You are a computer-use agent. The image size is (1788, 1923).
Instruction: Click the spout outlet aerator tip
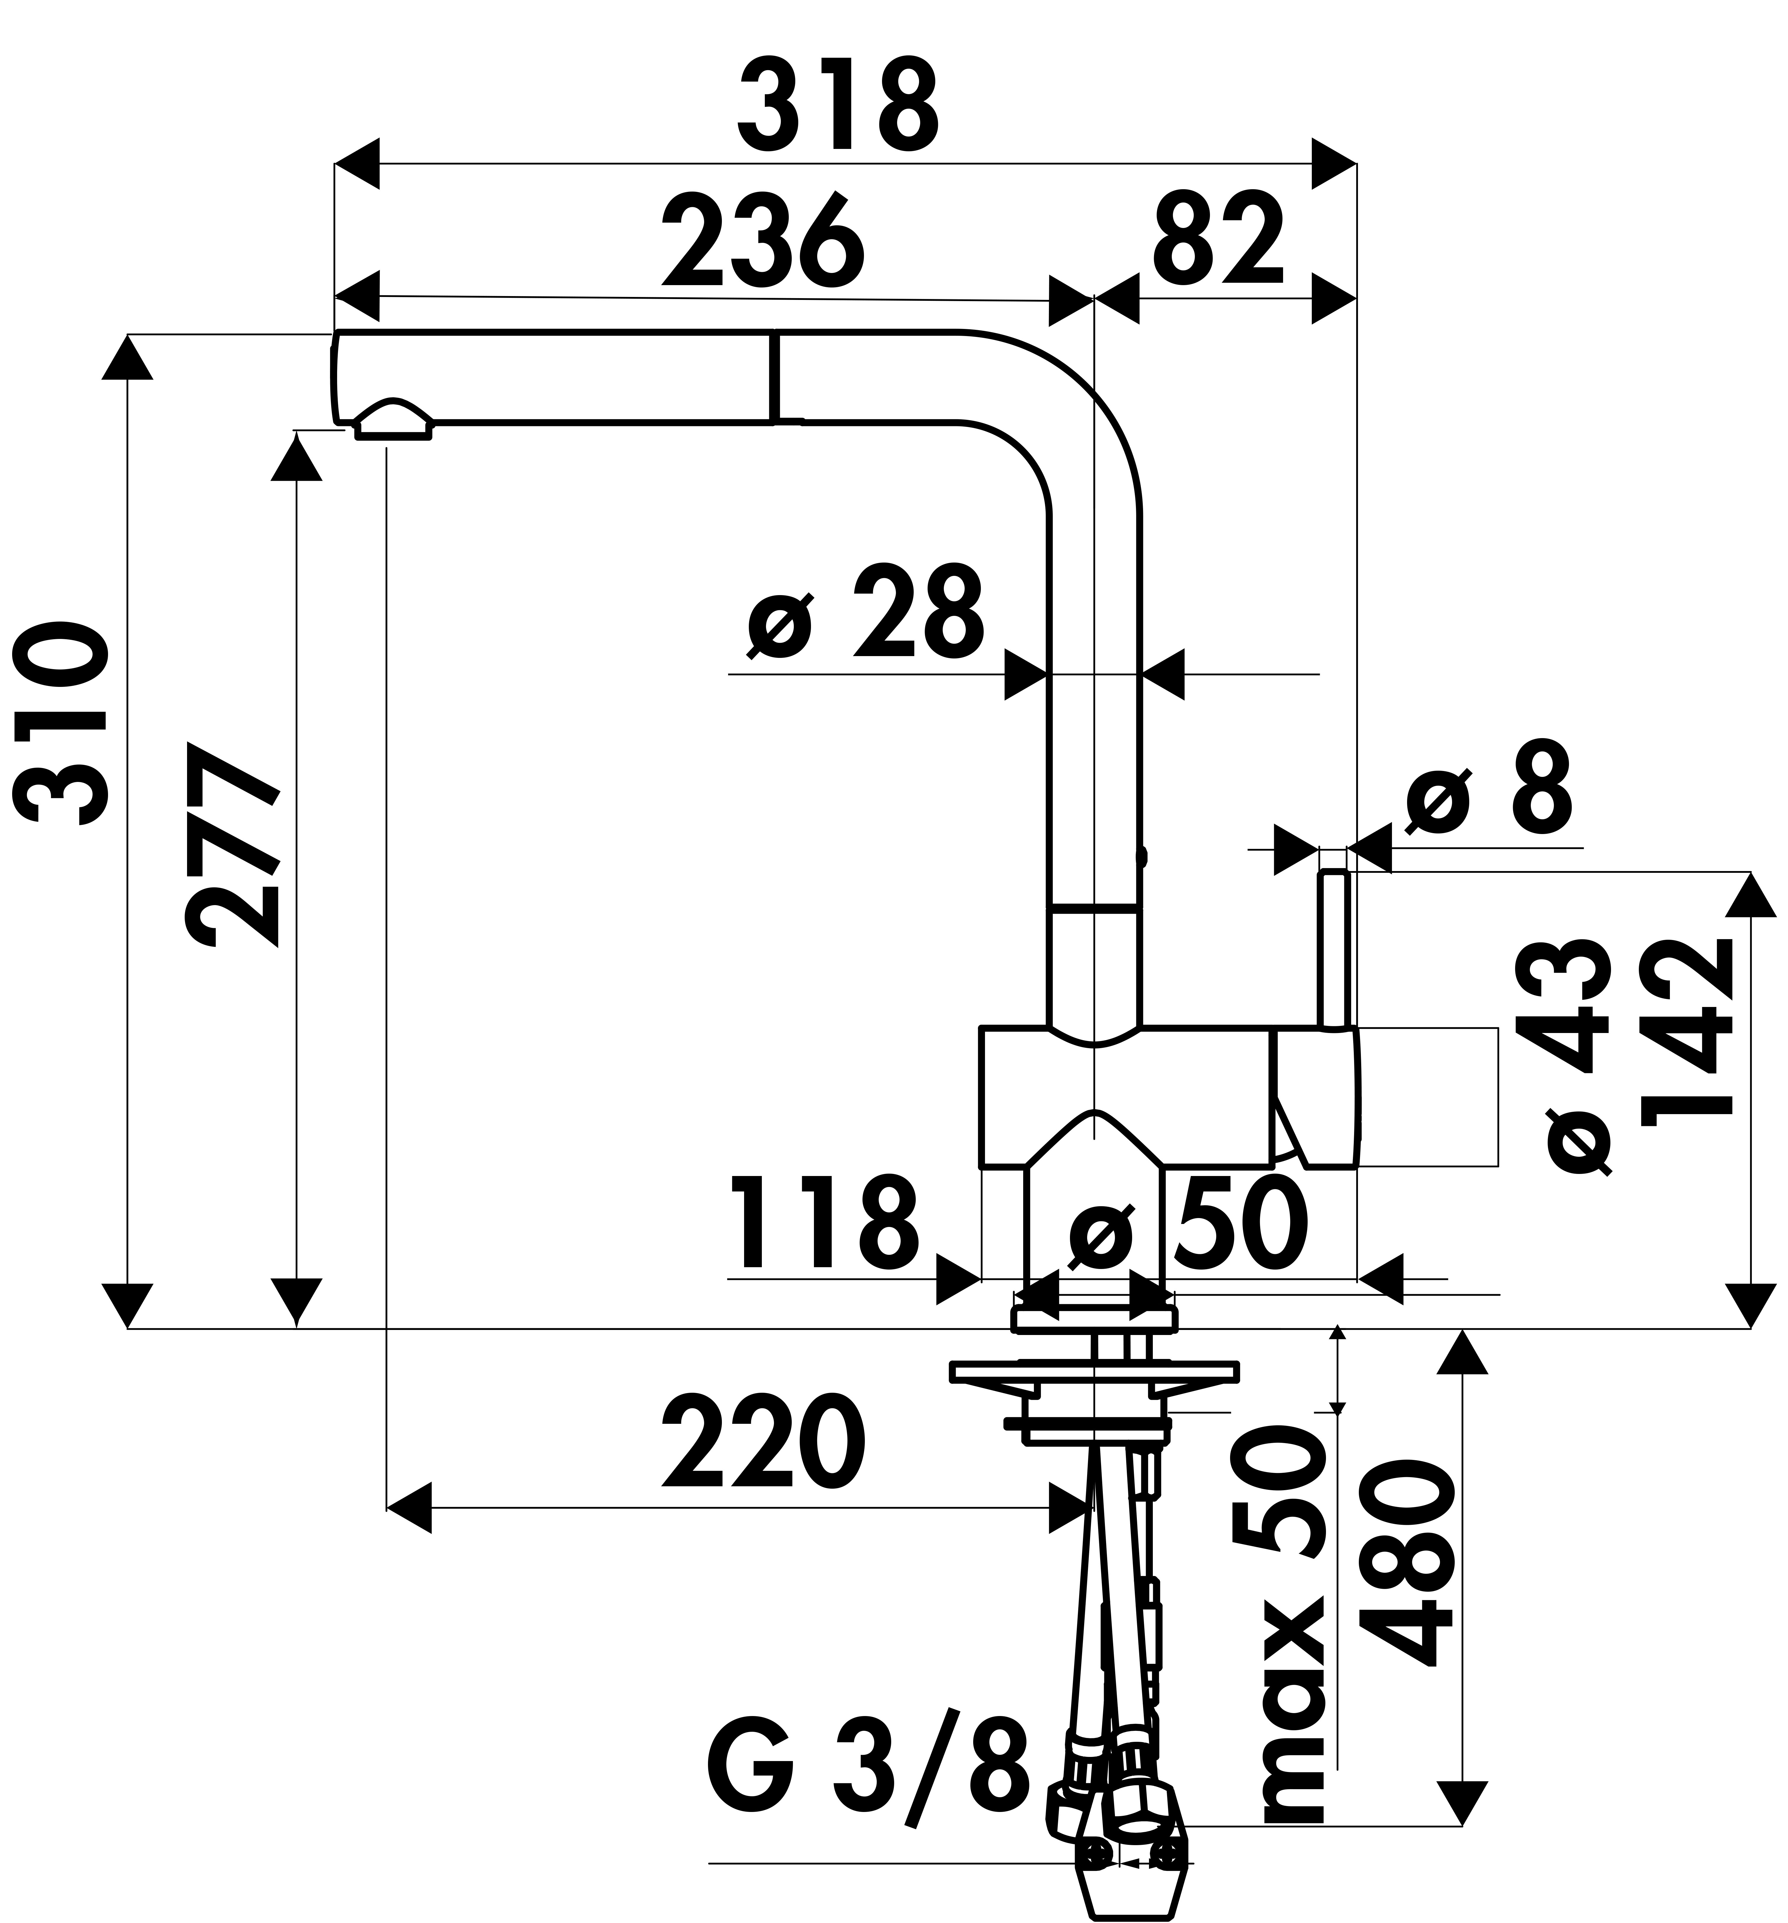[x=394, y=426]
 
